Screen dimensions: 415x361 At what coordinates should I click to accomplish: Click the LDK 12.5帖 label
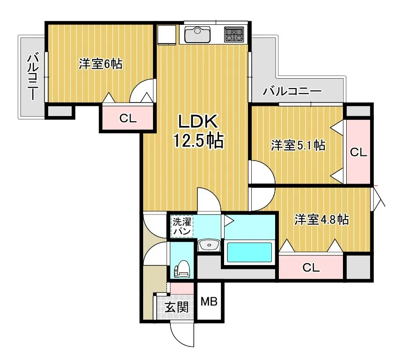[x=198, y=131]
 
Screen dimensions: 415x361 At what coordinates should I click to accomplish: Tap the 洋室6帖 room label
[x=101, y=64]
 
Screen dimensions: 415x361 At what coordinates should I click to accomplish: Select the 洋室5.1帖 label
[x=298, y=146]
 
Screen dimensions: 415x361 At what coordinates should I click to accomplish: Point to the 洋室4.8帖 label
[x=321, y=219]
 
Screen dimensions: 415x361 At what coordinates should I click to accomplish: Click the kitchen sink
[x=197, y=35]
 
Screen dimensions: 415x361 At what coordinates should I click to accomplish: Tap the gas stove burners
[x=234, y=35]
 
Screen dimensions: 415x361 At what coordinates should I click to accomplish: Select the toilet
[x=182, y=269]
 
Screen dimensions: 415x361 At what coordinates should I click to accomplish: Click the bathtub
[x=249, y=253]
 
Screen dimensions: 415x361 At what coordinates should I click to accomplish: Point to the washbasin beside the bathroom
[x=209, y=245]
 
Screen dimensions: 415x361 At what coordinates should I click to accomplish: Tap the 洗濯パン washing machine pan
[x=182, y=226]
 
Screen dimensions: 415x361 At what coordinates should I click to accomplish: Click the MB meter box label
[x=209, y=302]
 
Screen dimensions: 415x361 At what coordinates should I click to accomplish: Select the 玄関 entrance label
[x=176, y=307]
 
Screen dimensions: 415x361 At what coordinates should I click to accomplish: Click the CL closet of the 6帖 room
[x=128, y=118]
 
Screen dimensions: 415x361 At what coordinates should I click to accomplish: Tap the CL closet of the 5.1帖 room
[x=358, y=152]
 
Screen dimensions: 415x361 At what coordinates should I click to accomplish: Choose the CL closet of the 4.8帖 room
[x=311, y=267]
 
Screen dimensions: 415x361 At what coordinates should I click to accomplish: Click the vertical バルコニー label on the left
[x=33, y=76]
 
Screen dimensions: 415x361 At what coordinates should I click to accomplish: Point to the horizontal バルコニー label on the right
[x=292, y=92]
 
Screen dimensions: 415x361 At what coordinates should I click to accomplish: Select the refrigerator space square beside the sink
[x=167, y=35]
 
